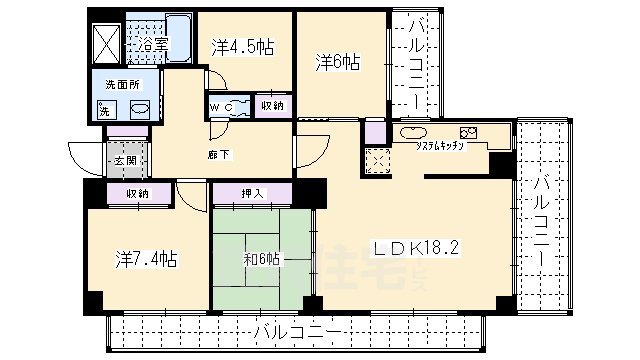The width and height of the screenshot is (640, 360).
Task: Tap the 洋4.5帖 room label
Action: pos(243,46)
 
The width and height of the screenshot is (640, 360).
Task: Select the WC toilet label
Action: pos(221,106)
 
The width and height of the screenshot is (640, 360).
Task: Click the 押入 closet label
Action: pos(252,194)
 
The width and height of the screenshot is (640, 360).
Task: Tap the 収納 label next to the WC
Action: pos(272,106)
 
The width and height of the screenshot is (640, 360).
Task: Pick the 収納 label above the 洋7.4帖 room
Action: pos(138,194)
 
